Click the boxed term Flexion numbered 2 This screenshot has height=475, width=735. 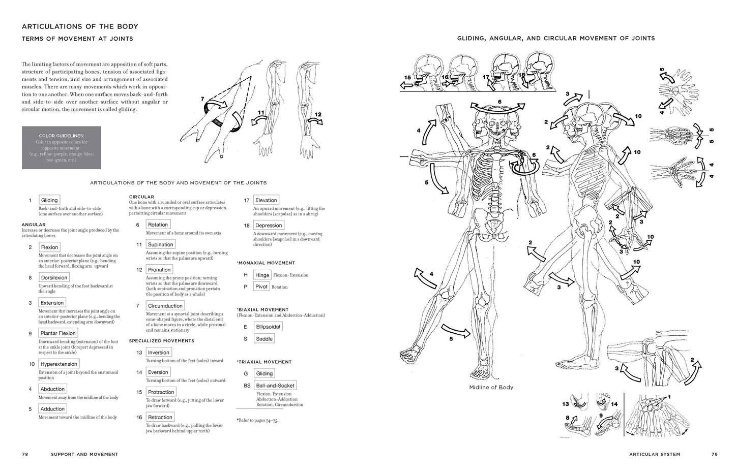(x=49, y=247)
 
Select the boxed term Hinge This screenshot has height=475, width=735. (x=262, y=275)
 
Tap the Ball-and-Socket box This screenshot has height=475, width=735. (x=275, y=386)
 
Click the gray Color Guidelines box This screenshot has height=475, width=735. (x=61, y=148)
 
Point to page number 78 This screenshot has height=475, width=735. (x=24, y=454)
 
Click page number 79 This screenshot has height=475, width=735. (x=714, y=454)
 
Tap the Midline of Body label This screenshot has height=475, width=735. (x=491, y=387)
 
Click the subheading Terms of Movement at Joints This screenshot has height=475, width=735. (x=77, y=39)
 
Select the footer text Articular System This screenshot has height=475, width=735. (x=654, y=454)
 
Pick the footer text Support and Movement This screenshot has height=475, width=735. (x=84, y=454)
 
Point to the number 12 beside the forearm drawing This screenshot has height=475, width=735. (x=317, y=115)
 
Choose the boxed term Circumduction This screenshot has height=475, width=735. (x=165, y=306)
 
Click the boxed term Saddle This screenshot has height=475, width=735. (x=264, y=339)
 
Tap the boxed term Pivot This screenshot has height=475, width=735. (x=261, y=287)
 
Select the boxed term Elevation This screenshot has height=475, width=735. (x=266, y=200)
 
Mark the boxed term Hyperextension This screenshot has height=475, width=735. (x=59, y=364)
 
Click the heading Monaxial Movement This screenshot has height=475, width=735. (x=266, y=263)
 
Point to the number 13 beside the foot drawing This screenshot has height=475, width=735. (x=566, y=404)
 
